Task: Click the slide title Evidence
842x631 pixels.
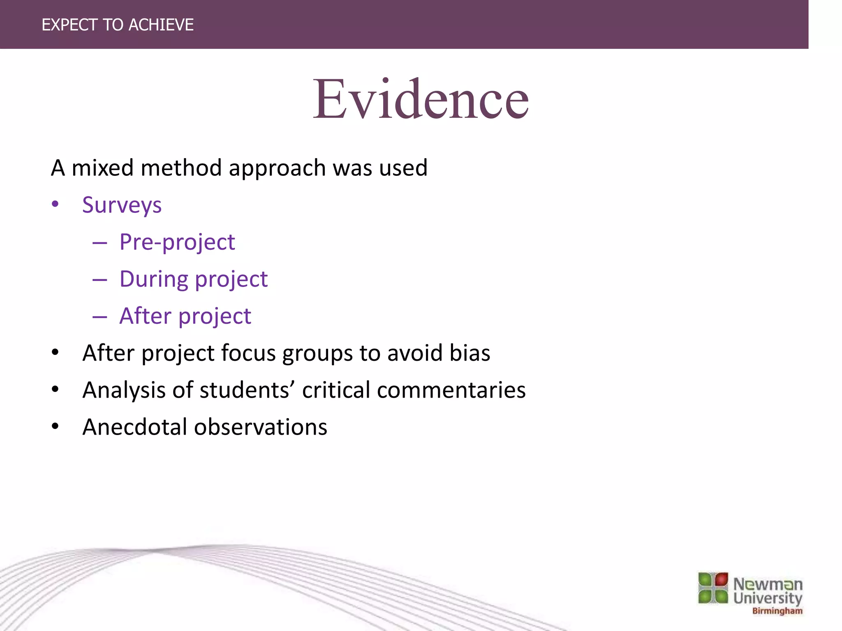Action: (x=421, y=100)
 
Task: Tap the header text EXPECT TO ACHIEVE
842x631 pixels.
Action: (x=118, y=25)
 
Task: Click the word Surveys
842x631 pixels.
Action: (x=122, y=205)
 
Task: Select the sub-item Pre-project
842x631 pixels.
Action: (x=177, y=242)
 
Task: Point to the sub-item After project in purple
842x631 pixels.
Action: (x=185, y=316)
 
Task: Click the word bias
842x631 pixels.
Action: (x=470, y=353)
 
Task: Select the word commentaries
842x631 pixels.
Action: (x=451, y=390)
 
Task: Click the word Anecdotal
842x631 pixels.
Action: (x=135, y=427)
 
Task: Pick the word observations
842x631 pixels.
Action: (x=260, y=427)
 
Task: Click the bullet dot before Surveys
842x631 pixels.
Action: (x=55, y=204)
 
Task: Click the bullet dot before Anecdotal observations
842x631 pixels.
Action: (x=55, y=426)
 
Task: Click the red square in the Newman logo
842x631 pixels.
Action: (x=721, y=580)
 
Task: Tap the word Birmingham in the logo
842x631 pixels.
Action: (x=777, y=611)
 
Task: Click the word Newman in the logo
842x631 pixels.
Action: (x=768, y=584)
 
